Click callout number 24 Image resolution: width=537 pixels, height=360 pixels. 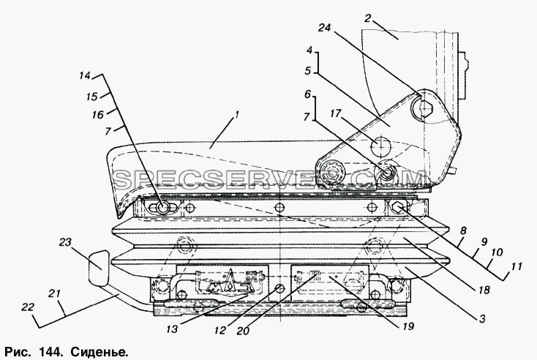pyautogui.click(x=324, y=27)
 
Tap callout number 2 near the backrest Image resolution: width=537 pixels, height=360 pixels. pyautogui.click(x=367, y=18)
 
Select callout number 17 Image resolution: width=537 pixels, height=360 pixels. pyautogui.click(x=336, y=113)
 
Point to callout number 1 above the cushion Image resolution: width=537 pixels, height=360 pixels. pyautogui.click(x=236, y=115)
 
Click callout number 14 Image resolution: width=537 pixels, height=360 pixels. pyautogui.click(x=85, y=75)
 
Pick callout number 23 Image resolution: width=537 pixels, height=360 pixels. pyautogui.click(x=65, y=242)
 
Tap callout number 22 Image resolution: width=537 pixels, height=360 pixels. pyautogui.click(x=28, y=307)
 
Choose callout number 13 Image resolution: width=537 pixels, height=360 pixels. pyautogui.click(x=172, y=329)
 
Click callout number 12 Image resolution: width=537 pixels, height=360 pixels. pyautogui.click(x=220, y=330)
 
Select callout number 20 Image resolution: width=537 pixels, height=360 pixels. pyautogui.click(x=243, y=331)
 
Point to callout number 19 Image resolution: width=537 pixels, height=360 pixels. pyautogui.click(x=408, y=326)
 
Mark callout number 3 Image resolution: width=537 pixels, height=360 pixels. pyautogui.click(x=482, y=319)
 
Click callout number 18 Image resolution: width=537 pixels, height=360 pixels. pyautogui.click(x=484, y=290)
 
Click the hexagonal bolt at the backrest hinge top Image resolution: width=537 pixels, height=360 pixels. pyautogui.click(x=425, y=109)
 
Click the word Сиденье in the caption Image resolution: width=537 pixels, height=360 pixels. pyautogui.click(x=99, y=352)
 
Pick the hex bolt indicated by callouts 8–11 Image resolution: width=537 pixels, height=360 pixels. pyautogui.click(x=397, y=207)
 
